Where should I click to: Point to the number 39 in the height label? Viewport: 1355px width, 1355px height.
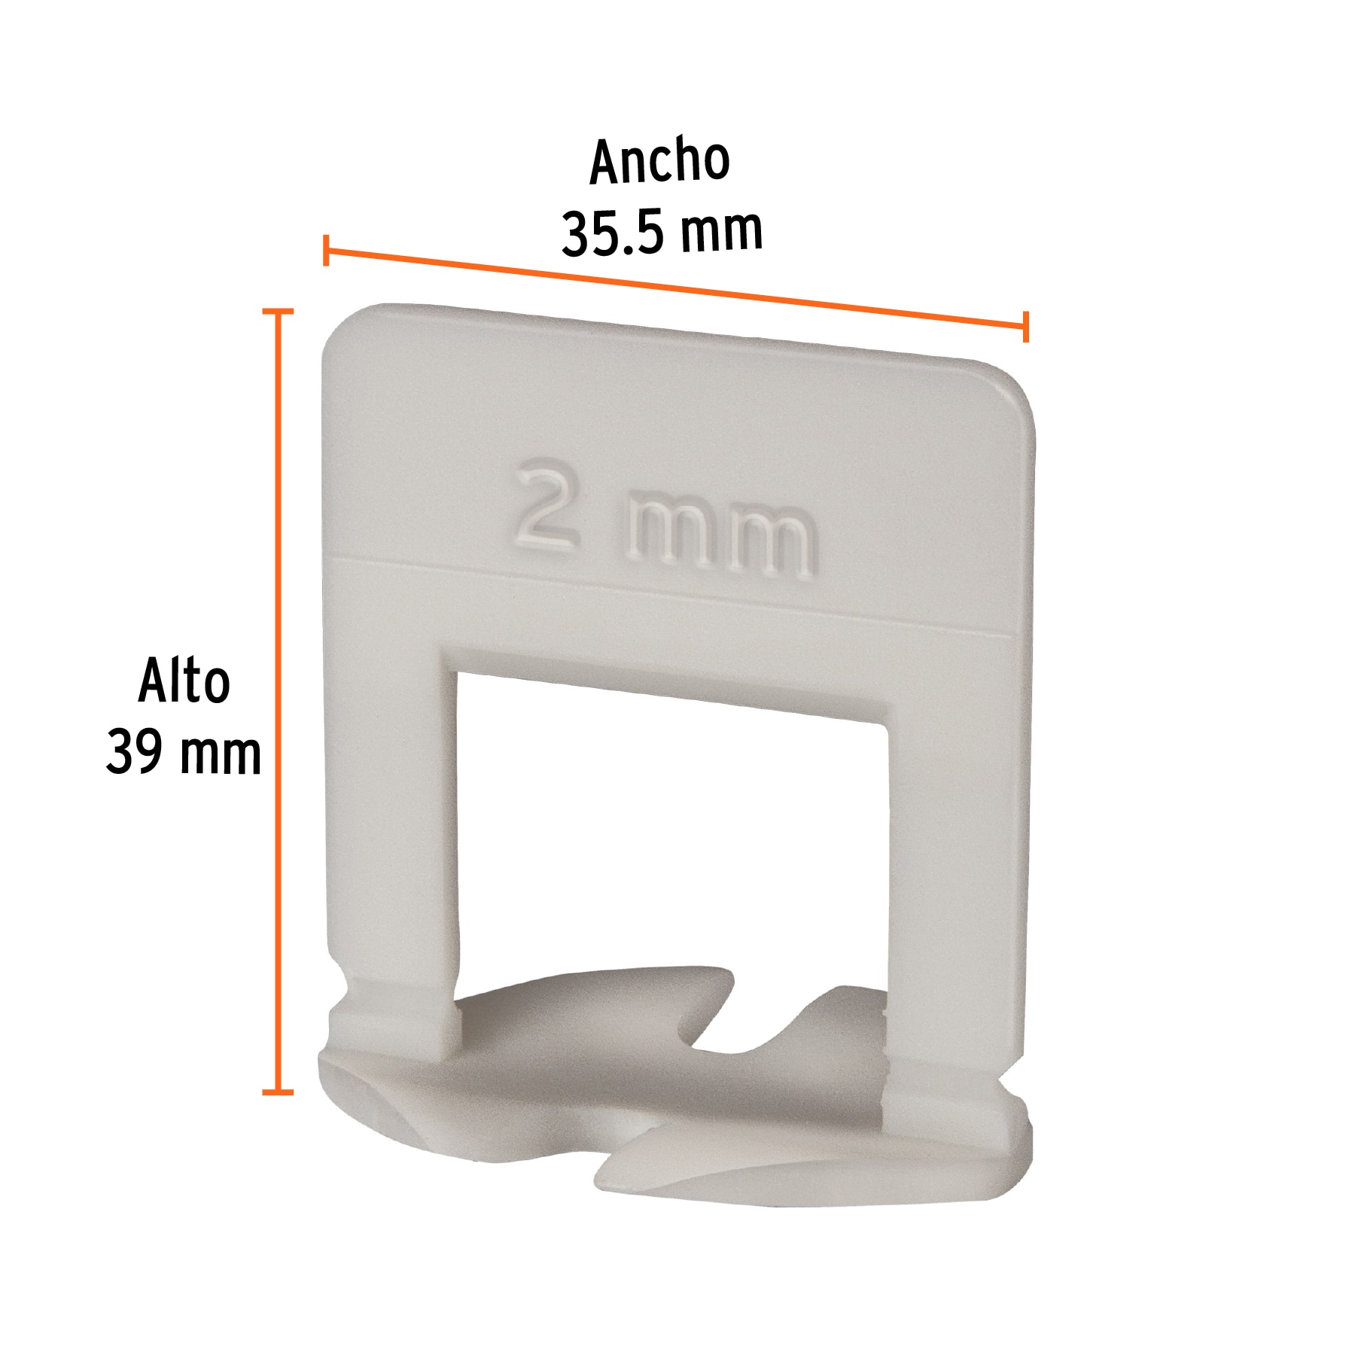click(x=134, y=751)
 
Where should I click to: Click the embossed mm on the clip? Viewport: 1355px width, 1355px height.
click(x=721, y=536)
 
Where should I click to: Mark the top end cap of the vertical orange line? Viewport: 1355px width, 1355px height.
click(x=278, y=311)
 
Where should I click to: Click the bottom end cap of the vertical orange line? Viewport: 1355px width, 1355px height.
click(x=278, y=1092)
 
